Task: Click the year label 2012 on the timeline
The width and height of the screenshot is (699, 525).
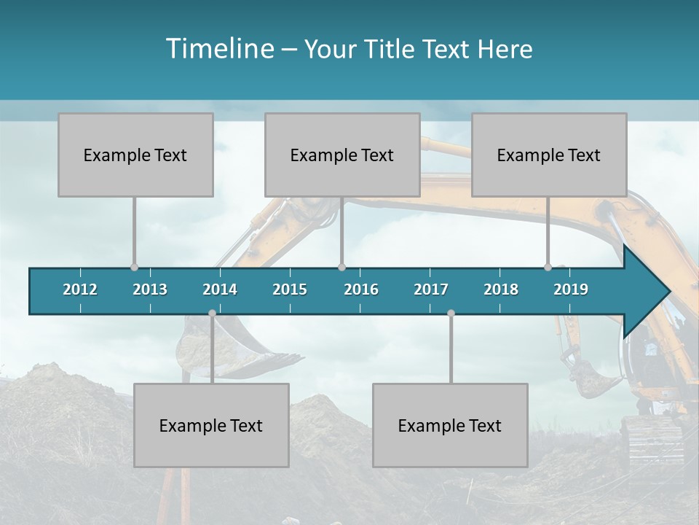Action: [80, 289]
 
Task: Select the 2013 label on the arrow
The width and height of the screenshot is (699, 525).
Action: [150, 289]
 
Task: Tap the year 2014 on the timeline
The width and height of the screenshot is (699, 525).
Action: [220, 289]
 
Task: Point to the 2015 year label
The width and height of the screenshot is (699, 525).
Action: [290, 289]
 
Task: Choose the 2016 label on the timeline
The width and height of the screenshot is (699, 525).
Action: [361, 289]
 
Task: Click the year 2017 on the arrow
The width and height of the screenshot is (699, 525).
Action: [431, 289]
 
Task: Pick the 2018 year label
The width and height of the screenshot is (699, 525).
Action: [501, 289]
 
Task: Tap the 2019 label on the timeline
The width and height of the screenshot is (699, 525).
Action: [571, 289]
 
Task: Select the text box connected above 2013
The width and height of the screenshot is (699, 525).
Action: [135, 155]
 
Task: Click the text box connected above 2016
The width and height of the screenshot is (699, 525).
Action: [342, 155]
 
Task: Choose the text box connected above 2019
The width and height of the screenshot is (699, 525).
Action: [549, 155]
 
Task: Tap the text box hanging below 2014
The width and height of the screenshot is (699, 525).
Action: [211, 425]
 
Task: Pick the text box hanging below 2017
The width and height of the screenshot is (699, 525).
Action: [450, 425]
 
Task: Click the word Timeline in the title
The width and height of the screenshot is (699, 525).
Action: [218, 49]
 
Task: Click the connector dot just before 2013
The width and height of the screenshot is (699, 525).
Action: [134, 268]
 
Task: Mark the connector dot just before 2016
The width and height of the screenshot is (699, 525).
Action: [341, 268]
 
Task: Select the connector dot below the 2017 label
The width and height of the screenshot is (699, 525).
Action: [451, 314]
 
